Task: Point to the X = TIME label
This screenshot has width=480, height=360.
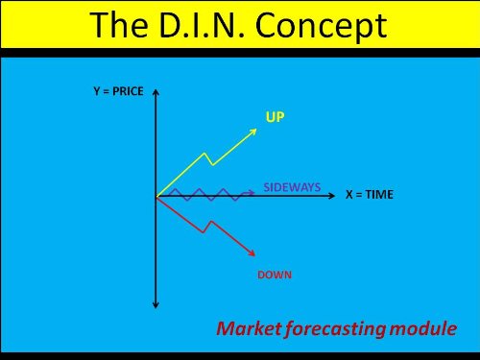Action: point(370,194)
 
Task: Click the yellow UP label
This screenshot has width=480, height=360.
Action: point(276,116)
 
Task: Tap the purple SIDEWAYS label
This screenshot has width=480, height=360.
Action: point(292,187)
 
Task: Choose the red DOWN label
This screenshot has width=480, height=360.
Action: point(275,275)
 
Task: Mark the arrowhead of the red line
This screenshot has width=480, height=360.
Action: point(252,252)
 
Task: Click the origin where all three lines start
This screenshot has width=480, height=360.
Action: point(156,196)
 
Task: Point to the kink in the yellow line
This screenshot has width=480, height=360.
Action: point(206,156)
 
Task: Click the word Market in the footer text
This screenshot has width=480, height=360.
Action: point(249,329)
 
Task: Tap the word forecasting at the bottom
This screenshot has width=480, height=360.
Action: point(336,329)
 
